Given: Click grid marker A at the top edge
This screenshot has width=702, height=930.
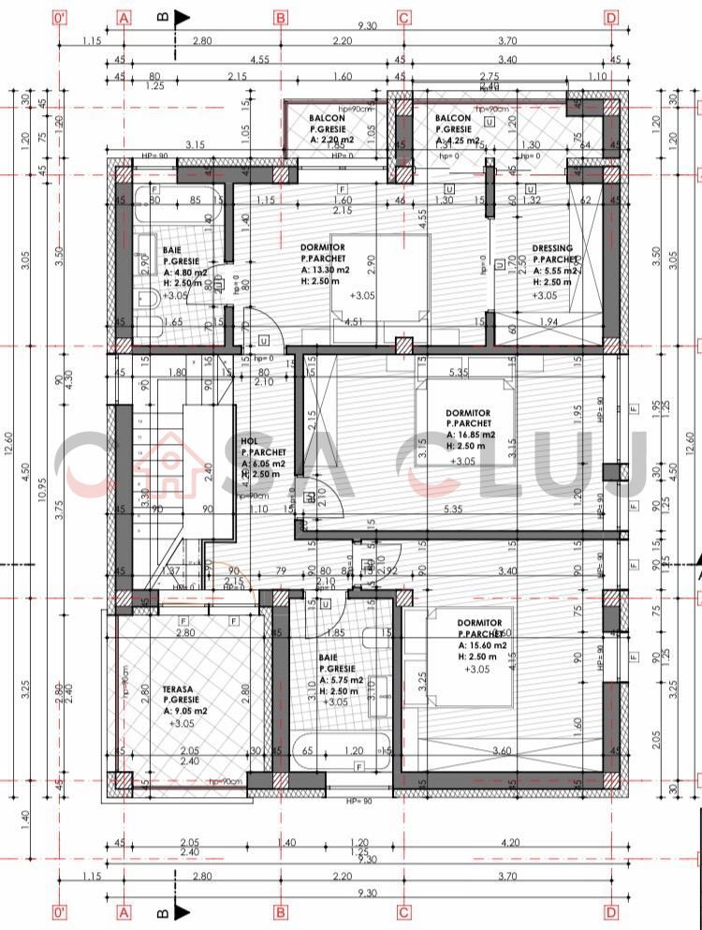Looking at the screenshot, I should (125, 18).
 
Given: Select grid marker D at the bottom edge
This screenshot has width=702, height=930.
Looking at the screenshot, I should (611, 910).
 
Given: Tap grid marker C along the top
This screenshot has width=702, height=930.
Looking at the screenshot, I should (404, 18).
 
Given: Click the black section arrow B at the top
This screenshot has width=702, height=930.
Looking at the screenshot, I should (180, 17).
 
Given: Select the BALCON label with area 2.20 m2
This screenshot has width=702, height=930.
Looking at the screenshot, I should (324, 118).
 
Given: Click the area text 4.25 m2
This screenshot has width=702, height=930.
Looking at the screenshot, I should (461, 140).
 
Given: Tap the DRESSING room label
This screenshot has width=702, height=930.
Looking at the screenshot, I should (552, 249).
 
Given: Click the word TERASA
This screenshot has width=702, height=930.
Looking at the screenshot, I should (178, 686).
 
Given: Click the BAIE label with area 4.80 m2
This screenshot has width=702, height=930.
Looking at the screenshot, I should (171, 250).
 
